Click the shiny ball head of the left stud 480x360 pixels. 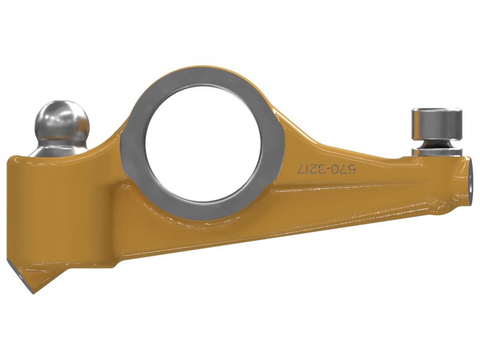coord(62,122)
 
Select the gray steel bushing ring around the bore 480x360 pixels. coord(133,150)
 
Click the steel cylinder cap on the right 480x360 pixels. coord(437,124)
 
